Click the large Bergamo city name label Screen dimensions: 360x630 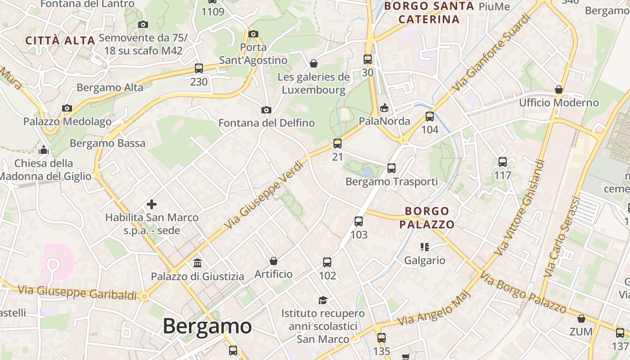[x=207, y=326]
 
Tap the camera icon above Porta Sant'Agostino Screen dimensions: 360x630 [x=253, y=34]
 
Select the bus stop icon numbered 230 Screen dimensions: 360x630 [x=199, y=68]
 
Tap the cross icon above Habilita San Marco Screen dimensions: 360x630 [x=152, y=204]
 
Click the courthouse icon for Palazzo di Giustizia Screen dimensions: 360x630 [x=198, y=263]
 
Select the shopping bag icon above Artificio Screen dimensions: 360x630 [x=273, y=261]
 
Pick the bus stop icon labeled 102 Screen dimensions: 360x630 [x=327, y=262]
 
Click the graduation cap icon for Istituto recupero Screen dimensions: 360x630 [x=323, y=300]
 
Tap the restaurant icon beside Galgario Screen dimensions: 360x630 [x=424, y=247]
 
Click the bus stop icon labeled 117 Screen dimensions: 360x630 [x=503, y=162]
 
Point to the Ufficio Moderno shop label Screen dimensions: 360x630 [x=559, y=103]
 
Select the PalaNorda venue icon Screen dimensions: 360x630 [x=384, y=108]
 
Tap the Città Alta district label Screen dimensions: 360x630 [x=60, y=40]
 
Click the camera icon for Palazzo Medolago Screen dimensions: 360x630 [x=67, y=108]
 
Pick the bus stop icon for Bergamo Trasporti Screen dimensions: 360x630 [x=391, y=168]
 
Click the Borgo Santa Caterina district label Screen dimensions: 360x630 [x=429, y=13]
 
